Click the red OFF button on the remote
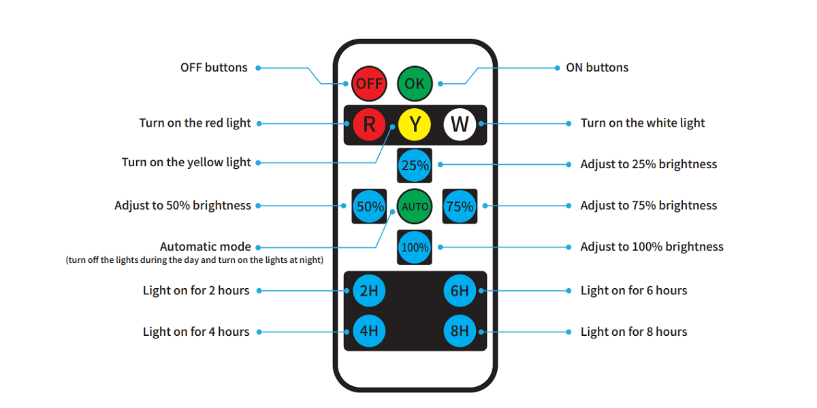click(x=369, y=83)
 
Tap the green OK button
click(x=415, y=83)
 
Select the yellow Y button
click(x=415, y=124)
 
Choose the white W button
click(x=460, y=124)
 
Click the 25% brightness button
click(x=415, y=165)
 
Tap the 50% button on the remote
click(x=370, y=206)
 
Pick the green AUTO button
click(x=415, y=206)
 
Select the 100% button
click(x=415, y=247)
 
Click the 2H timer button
click(x=369, y=291)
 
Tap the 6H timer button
click(x=460, y=291)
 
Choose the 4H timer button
click(x=369, y=332)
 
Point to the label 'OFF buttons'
click(x=214, y=67)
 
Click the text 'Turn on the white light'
click(x=642, y=123)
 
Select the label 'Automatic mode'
click(x=205, y=247)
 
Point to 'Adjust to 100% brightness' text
click(x=652, y=247)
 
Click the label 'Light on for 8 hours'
click(x=633, y=332)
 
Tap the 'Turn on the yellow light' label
click(x=186, y=162)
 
